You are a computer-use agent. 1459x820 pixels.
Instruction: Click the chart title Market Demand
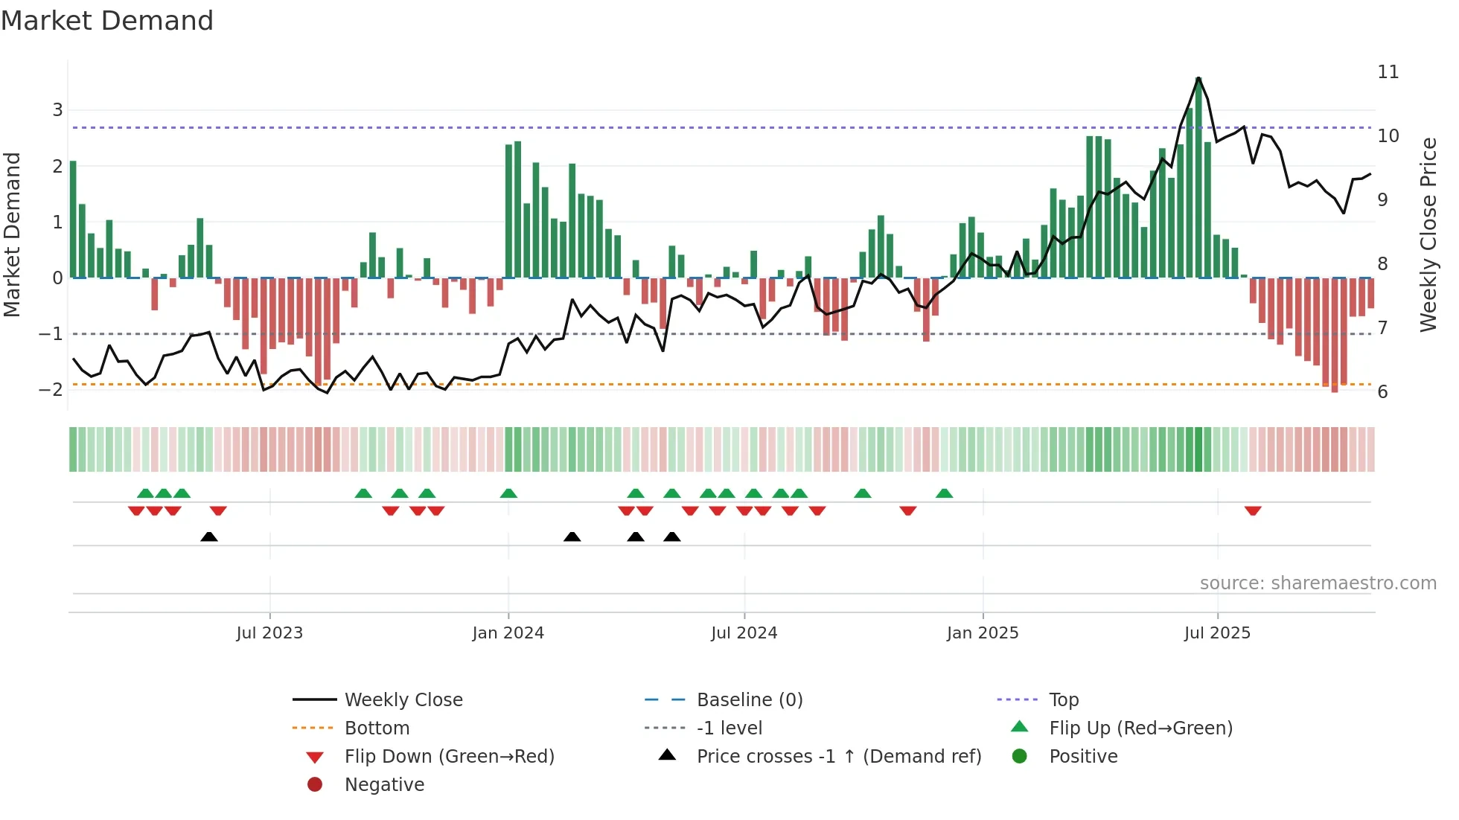click(x=107, y=21)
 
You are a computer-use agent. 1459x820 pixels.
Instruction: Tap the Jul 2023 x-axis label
click(x=269, y=633)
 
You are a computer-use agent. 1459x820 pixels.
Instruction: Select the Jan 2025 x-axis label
click(x=983, y=633)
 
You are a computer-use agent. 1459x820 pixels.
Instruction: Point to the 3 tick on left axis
click(x=57, y=110)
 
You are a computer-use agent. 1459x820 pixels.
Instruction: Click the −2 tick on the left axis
click(x=51, y=390)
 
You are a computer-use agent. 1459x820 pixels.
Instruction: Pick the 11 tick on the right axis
click(x=1388, y=72)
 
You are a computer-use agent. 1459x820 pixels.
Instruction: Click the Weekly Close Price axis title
click(x=1428, y=234)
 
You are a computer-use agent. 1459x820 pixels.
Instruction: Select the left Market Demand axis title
click(x=12, y=234)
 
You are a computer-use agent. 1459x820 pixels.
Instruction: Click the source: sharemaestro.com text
click(x=1318, y=583)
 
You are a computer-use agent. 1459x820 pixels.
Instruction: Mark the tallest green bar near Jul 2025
click(x=1198, y=179)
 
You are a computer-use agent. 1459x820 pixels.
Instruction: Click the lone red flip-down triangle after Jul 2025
click(x=1253, y=510)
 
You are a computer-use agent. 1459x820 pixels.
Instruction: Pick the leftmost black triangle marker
click(x=209, y=536)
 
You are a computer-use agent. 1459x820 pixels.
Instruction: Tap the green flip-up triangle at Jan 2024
click(x=508, y=493)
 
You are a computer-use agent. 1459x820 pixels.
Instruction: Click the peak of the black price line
click(x=1198, y=78)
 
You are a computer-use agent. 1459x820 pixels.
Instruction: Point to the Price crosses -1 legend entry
click(x=839, y=757)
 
